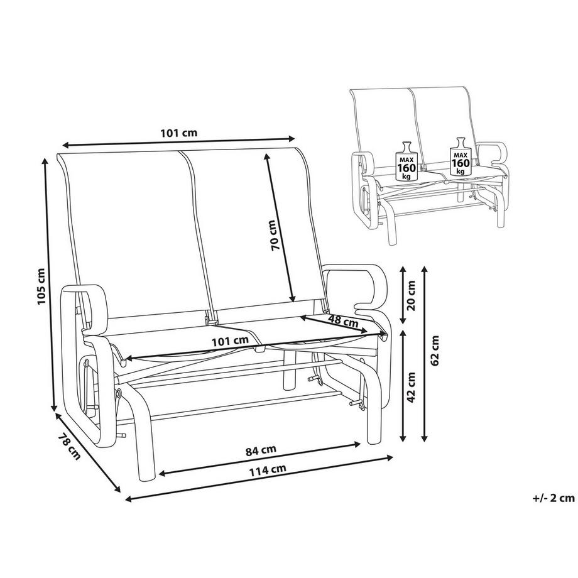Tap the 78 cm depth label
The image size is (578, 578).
[70, 445]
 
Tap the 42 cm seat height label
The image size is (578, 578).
[412, 388]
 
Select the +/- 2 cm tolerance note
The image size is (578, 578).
[553, 498]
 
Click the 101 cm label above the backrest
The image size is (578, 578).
[179, 133]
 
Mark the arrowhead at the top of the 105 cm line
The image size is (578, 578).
[45, 161]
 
